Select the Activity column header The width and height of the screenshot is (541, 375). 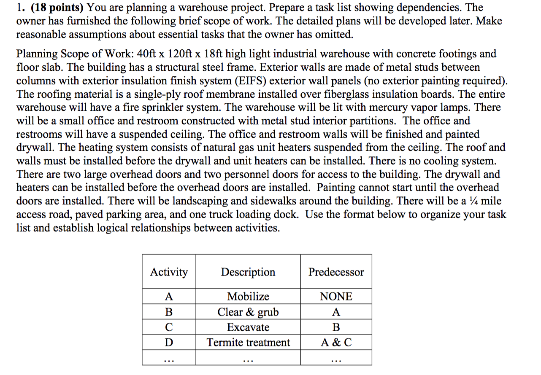click(x=169, y=272)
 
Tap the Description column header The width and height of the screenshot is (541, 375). click(x=248, y=272)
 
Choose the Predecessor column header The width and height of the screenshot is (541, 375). click(x=336, y=272)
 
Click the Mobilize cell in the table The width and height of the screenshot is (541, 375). click(x=248, y=297)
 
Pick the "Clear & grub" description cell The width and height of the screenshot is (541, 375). click(x=248, y=312)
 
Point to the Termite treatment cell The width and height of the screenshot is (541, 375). click(x=248, y=343)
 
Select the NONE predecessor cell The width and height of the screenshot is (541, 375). click(x=336, y=297)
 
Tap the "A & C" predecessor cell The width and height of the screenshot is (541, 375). click(x=336, y=343)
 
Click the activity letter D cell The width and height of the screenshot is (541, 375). click(x=169, y=343)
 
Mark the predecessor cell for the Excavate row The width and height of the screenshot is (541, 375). click(x=336, y=327)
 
